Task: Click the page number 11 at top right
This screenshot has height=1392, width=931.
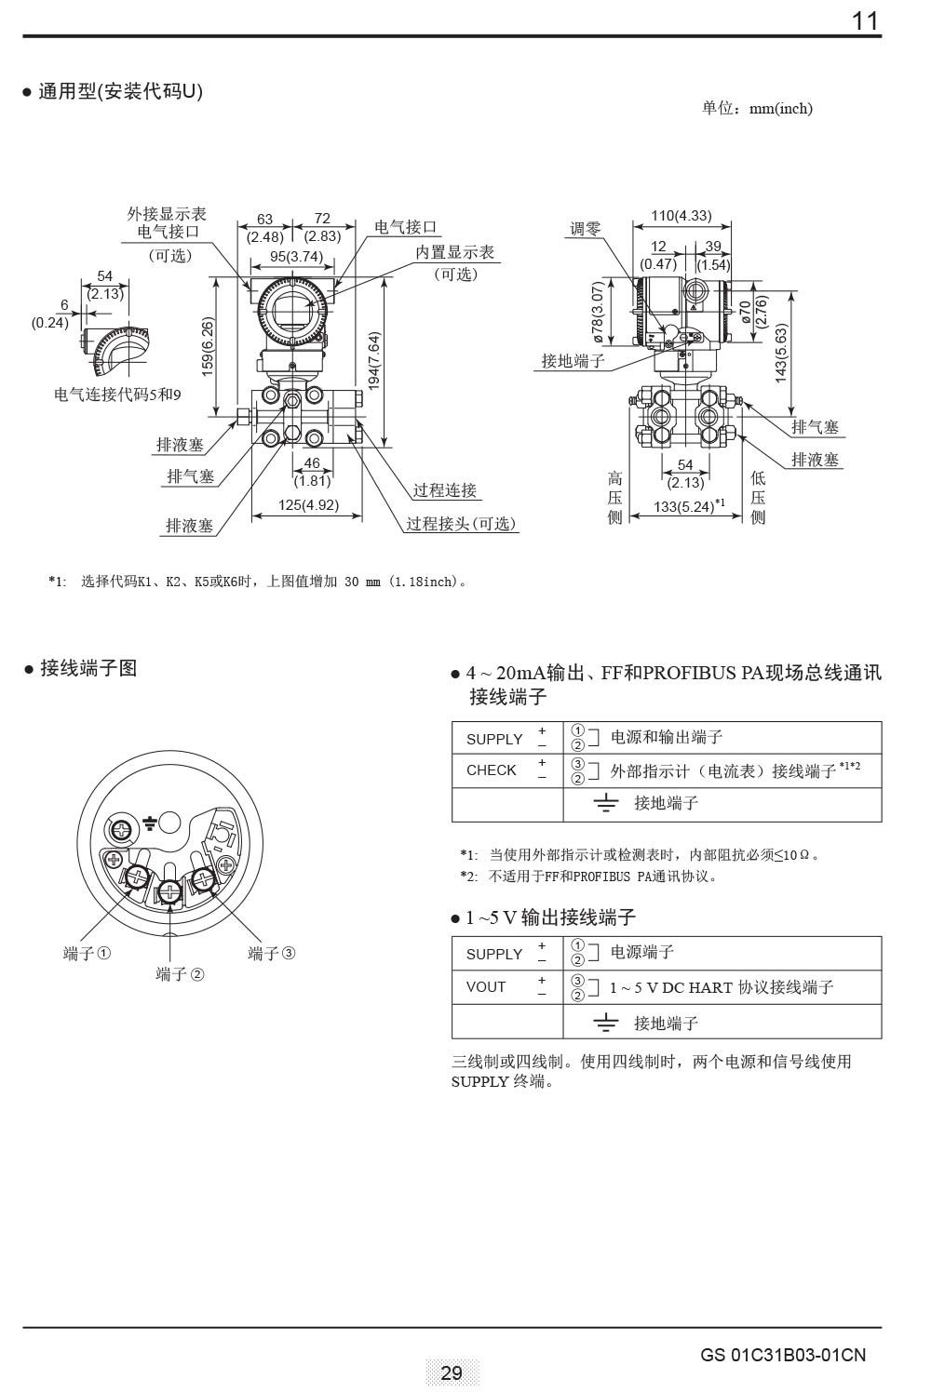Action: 865,21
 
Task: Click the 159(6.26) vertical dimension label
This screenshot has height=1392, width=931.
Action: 208,344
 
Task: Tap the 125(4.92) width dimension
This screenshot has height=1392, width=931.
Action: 308,505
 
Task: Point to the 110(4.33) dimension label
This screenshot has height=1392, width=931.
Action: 681,216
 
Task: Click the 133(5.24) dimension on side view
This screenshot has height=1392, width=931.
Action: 684,506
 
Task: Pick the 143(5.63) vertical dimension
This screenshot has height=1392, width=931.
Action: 781,353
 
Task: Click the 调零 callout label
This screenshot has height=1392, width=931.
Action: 586,228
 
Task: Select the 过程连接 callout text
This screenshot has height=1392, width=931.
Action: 445,490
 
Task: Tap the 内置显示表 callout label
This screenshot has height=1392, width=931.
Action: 454,252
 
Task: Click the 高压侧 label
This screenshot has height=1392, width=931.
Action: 614,497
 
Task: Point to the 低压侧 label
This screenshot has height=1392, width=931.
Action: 758,497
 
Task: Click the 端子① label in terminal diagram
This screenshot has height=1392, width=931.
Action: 88,953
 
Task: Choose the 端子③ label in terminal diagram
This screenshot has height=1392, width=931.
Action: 272,953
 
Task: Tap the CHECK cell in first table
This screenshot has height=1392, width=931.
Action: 491,770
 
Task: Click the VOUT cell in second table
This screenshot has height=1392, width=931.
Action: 486,987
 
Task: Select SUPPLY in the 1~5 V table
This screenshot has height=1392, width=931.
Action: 494,954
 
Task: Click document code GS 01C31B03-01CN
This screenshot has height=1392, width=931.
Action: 783,1355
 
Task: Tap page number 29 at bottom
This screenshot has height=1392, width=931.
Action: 452,1372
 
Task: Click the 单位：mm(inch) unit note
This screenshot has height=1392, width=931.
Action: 757,109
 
